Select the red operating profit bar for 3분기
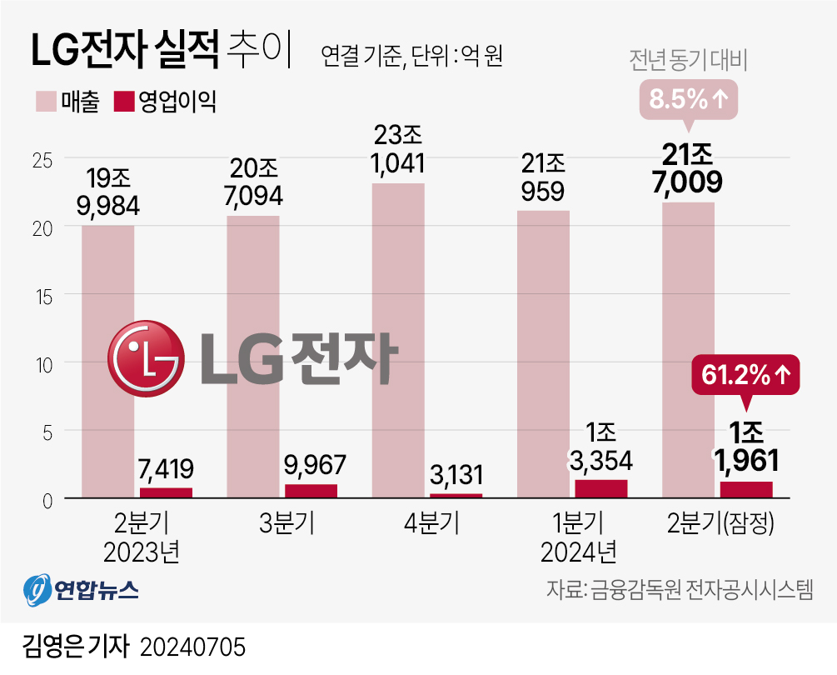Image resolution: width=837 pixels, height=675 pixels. point(311,491)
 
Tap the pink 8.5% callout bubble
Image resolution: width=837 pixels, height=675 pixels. point(689,100)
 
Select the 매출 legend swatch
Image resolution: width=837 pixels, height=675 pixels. point(45,102)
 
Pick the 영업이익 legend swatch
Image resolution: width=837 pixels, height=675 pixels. point(123,102)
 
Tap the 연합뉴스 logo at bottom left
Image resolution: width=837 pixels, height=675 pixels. point(80,591)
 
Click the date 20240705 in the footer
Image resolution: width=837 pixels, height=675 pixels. point(194,647)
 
